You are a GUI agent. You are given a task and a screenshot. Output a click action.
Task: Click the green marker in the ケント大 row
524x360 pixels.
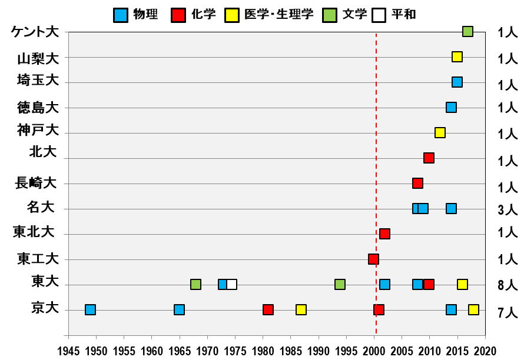467,32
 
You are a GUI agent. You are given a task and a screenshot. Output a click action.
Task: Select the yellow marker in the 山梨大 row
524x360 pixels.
457,57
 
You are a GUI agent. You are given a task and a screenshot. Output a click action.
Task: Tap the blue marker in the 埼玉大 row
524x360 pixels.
457,82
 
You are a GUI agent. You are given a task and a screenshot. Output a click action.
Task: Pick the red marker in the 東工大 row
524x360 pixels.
373,259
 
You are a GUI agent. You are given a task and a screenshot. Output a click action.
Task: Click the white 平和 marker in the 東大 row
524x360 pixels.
232,285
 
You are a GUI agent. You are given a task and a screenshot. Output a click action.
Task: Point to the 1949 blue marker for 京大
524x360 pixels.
90,310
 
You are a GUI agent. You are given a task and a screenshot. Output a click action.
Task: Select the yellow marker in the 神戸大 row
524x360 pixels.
440,133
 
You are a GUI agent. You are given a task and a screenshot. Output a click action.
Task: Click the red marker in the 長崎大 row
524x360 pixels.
417,184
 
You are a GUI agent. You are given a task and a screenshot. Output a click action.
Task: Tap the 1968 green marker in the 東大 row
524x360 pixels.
195,285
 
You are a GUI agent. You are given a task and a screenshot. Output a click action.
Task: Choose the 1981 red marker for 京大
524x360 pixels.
268,310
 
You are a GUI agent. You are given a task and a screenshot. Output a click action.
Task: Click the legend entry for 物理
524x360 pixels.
136,14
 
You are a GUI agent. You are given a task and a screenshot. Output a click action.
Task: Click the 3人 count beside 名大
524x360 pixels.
507,209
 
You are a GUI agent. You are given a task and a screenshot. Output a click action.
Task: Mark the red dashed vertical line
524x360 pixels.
376,176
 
